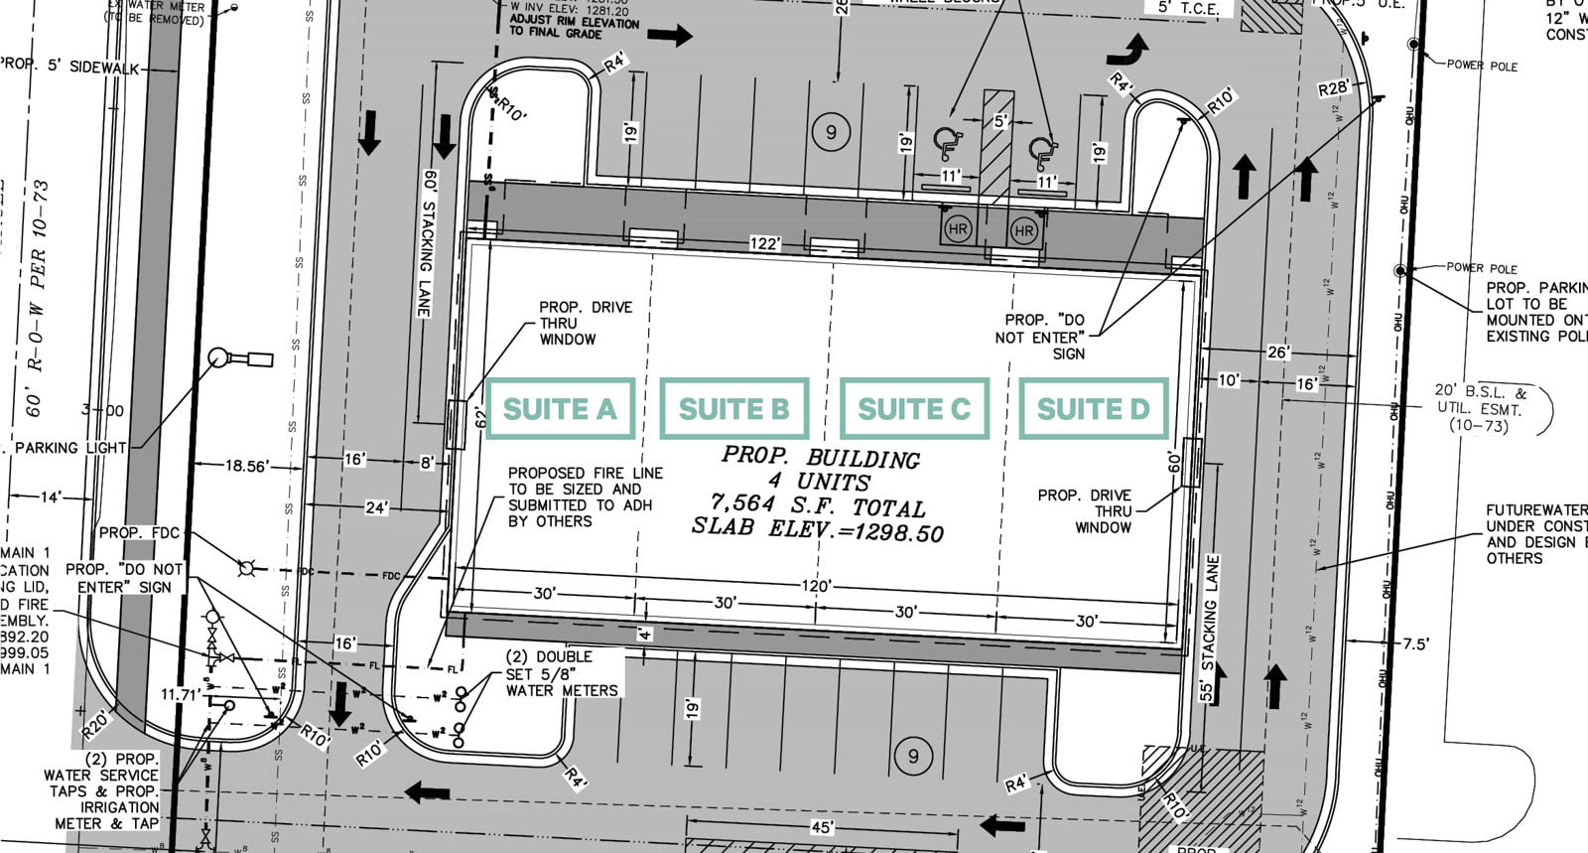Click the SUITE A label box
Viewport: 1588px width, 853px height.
pos(560,408)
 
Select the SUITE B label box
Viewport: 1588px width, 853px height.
pos(733,408)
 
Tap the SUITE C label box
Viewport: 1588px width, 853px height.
pos(914,408)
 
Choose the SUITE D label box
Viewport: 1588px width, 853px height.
pos(1093,408)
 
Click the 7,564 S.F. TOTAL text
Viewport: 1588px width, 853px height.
pos(818,505)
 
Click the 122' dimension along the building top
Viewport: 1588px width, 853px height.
pos(764,244)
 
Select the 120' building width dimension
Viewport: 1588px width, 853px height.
pos(816,586)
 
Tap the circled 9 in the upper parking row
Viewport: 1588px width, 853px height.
pos(831,132)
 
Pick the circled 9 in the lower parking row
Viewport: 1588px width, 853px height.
pos(913,757)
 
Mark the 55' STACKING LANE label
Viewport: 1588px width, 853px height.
pos(1209,628)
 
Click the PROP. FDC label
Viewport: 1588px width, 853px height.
pos(139,533)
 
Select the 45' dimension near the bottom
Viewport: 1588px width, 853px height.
pos(822,827)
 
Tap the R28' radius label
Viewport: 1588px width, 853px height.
pos(1333,89)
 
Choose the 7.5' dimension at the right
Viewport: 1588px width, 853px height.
pos(1414,643)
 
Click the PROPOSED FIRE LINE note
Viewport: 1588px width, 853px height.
pos(585,497)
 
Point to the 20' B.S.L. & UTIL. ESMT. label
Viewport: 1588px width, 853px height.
pos(1479,408)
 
